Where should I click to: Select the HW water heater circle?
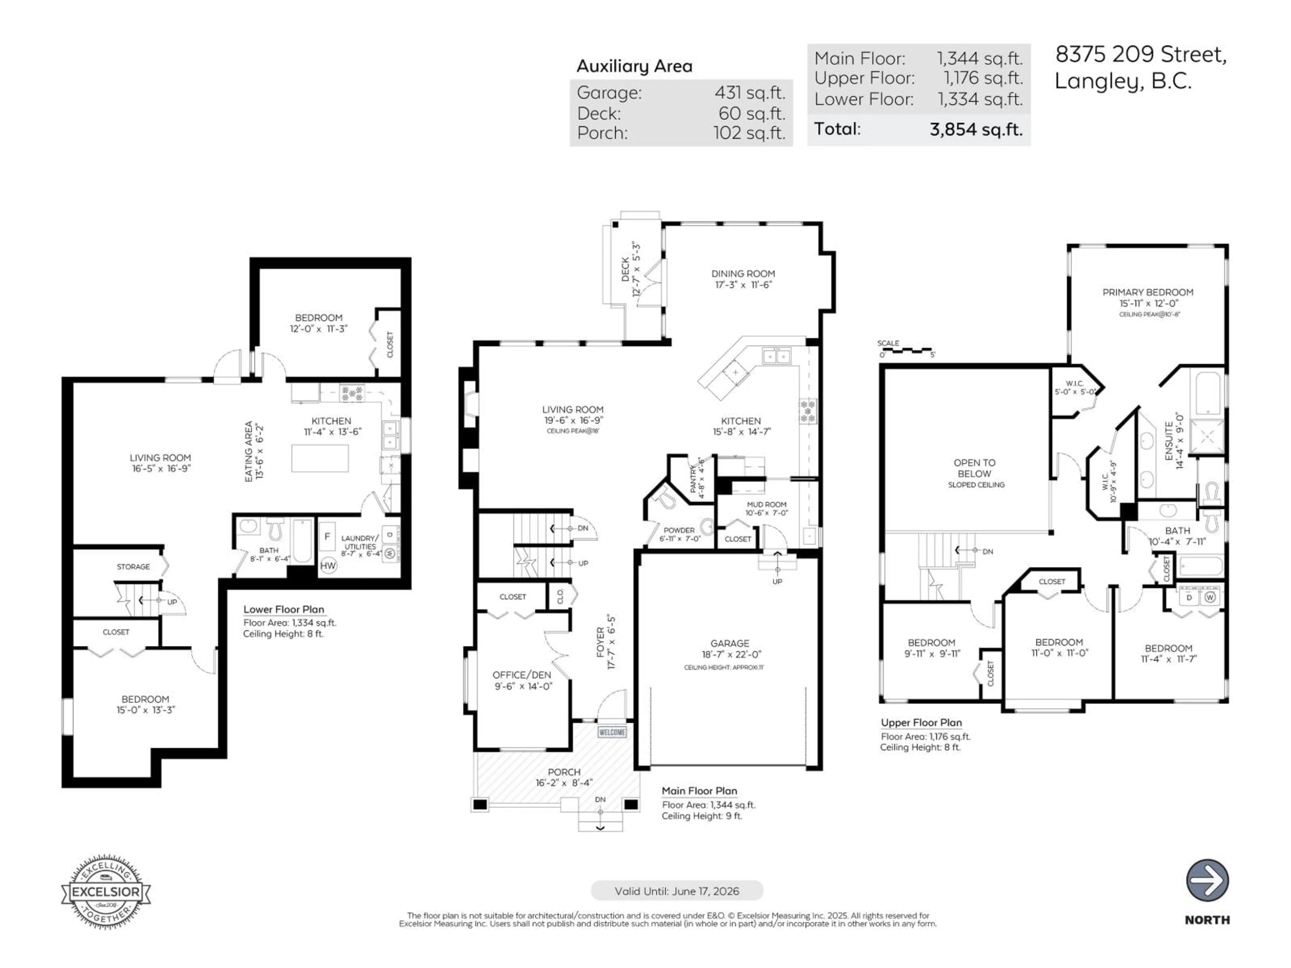tap(328, 565)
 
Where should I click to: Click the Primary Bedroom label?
tap(1147, 292)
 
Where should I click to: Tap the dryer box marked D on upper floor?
tap(1189, 598)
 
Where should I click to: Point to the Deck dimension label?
tap(630, 270)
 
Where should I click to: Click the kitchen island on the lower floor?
tap(320, 458)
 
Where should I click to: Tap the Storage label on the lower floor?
tap(133, 567)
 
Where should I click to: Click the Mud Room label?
tap(766, 504)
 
